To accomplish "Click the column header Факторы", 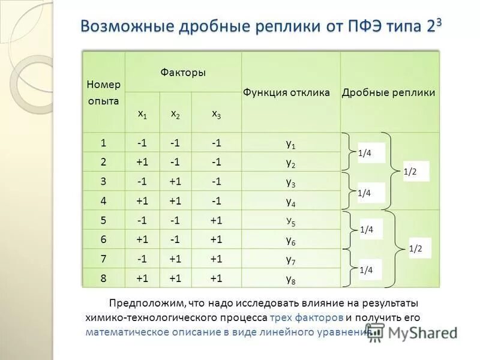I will (x=183, y=73).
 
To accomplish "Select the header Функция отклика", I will (x=286, y=92).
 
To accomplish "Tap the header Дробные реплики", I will (x=388, y=92).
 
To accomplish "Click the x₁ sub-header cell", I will (x=142, y=113).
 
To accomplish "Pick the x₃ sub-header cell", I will (x=216, y=113).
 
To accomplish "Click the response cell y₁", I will (x=290, y=143).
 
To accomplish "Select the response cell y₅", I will (x=290, y=221).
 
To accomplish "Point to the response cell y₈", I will (x=290, y=278).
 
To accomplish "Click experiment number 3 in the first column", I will (x=103, y=181).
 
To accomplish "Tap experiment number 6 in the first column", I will (x=103, y=239).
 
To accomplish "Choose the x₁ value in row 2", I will (x=142, y=162).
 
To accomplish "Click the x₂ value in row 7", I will (x=175, y=259).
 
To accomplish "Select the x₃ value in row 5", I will (x=216, y=220).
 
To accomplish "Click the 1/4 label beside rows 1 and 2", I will (x=365, y=154).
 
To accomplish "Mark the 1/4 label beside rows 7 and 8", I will (x=366, y=270).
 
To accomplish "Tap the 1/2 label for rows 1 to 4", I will (x=410, y=172).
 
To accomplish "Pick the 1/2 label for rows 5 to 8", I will (x=415, y=248).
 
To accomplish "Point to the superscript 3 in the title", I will (x=438, y=21).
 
